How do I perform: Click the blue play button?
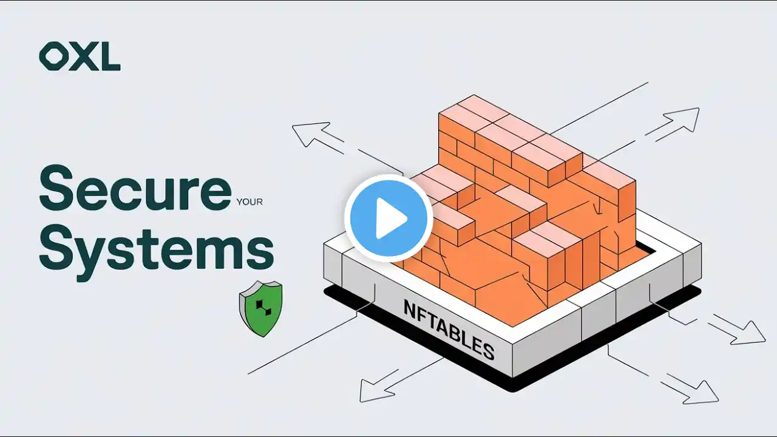click(x=388, y=218)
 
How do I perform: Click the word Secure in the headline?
click(x=135, y=188)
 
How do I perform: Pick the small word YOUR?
click(x=249, y=202)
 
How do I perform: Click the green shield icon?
click(x=261, y=308)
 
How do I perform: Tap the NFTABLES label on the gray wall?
click(x=449, y=330)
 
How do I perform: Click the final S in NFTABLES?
click(x=489, y=350)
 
